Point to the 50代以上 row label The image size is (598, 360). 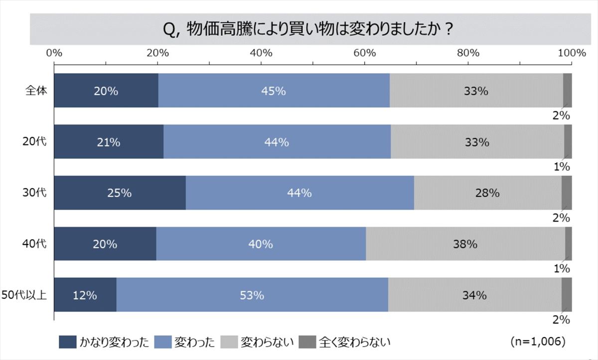point(24,295)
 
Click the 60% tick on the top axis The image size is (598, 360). point(364,53)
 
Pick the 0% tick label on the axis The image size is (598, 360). point(54,53)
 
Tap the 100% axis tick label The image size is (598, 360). point(571,53)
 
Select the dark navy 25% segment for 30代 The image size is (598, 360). point(120,193)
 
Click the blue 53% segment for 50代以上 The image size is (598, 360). point(252,295)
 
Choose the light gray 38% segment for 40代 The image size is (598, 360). point(465,244)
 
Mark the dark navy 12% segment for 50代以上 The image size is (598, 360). point(85,295)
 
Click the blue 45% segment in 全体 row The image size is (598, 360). point(274,91)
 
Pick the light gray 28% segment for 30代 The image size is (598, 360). point(487,193)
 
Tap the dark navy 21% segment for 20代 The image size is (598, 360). point(109,142)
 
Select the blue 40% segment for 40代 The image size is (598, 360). point(261,244)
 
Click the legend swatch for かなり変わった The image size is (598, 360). point(67,342)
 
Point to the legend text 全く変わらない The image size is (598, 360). point(355,342)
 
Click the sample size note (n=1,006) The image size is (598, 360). point(537,342)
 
